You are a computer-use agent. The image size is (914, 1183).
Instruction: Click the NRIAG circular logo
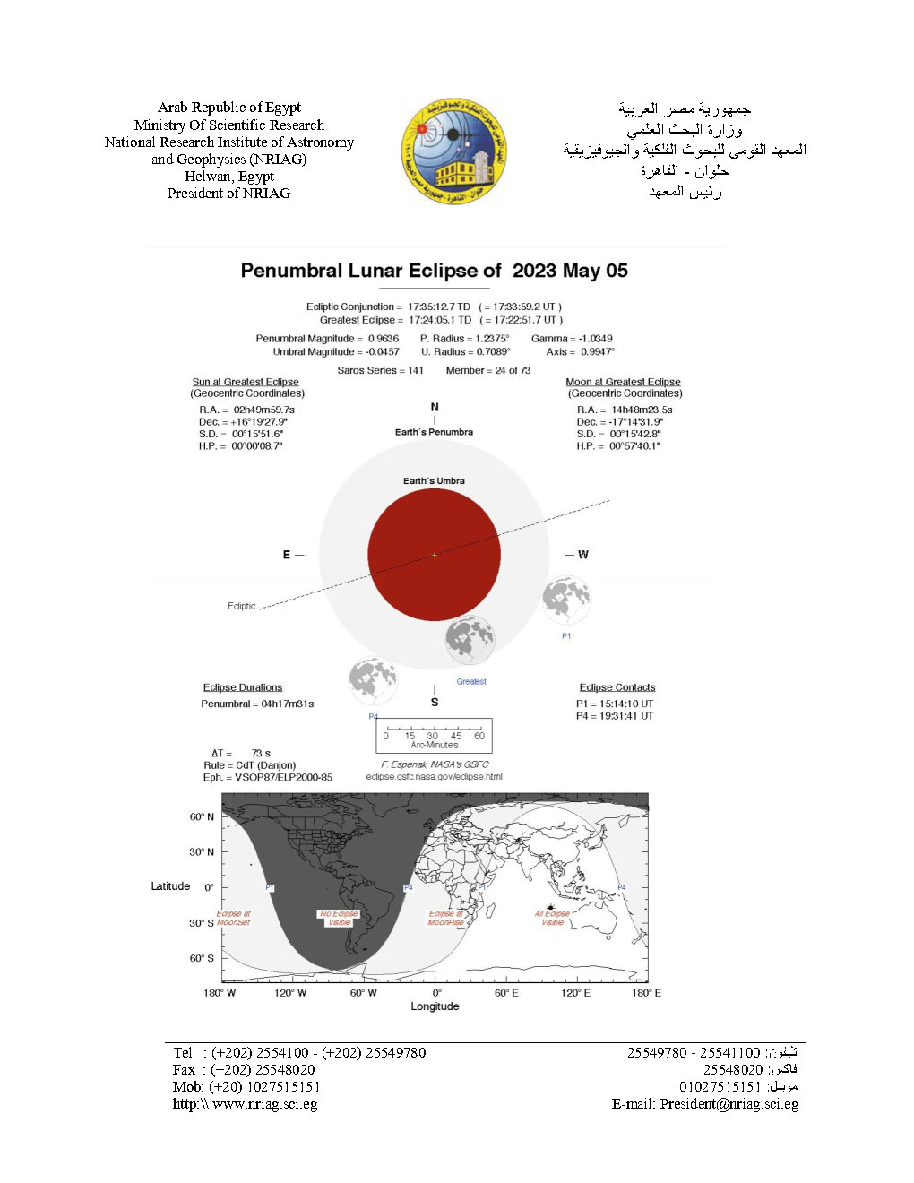(453, 151)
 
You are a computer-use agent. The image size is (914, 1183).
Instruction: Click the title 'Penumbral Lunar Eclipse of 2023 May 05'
(434, 271)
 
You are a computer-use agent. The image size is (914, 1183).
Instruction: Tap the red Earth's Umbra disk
(434, 555)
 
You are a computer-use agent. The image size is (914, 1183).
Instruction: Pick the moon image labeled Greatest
(470, 640)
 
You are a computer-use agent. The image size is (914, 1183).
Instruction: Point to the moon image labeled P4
(373, 680)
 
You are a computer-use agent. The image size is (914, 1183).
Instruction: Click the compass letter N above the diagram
(435, 407)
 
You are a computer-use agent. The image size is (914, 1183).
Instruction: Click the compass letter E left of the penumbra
(287, 555)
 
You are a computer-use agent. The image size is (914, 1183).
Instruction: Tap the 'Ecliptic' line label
(241, 606)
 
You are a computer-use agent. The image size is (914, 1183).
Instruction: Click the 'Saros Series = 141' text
(380, 370)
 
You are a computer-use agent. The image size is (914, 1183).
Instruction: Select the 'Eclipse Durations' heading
(242, 687)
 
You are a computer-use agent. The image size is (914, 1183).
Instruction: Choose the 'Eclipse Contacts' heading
(617, 687)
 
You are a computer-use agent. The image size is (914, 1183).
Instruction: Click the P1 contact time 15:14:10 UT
(615, 704)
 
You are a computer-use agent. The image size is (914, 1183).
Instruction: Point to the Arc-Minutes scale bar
(434, 735)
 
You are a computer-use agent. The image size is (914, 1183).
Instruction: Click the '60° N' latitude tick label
(202, 816)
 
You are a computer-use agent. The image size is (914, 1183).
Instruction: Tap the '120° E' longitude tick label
(575, 993)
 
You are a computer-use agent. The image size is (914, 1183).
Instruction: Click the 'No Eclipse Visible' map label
(339, 918)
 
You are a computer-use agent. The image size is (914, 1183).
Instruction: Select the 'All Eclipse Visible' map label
(552, 918)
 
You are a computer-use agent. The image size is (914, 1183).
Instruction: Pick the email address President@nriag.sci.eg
(729, 1104)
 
